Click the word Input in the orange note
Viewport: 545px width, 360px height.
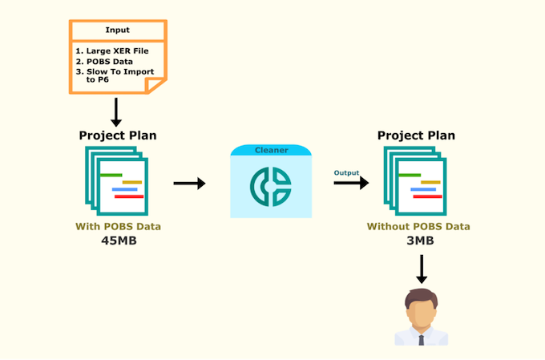118,30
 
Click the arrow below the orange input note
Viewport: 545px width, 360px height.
117,111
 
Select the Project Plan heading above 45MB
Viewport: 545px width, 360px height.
118,136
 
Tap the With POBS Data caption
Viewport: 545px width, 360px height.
118,226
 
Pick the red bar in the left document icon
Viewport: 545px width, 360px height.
129,196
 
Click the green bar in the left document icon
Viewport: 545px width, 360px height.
111,174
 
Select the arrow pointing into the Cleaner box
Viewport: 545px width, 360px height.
189,184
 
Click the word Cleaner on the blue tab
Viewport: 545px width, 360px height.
271,150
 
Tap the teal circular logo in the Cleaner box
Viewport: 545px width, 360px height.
271,185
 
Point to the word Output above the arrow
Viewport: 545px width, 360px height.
347,172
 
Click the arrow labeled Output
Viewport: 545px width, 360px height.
351,183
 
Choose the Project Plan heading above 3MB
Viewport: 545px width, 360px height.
416,136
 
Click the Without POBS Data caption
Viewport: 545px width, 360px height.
418,226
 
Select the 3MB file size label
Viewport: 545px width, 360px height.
418,240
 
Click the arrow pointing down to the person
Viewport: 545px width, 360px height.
421,269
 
